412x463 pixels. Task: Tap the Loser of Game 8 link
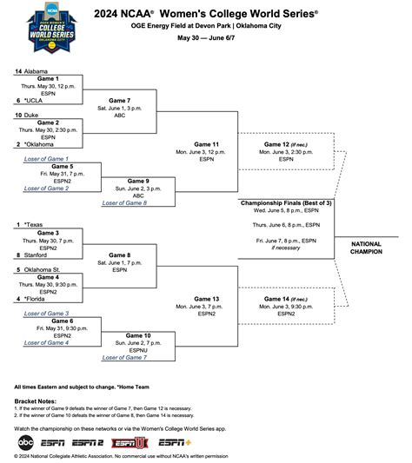tap(124, 202)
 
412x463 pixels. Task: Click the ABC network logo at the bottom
tap(25, 442)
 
